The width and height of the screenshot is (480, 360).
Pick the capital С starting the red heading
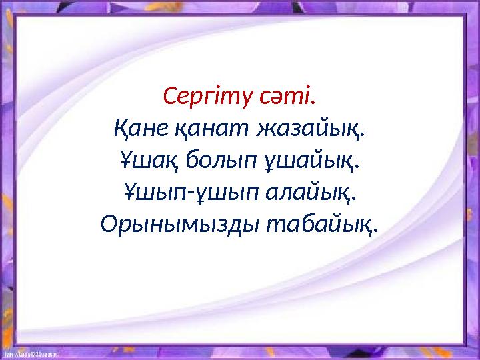169,98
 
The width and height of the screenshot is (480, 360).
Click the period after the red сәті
314,105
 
